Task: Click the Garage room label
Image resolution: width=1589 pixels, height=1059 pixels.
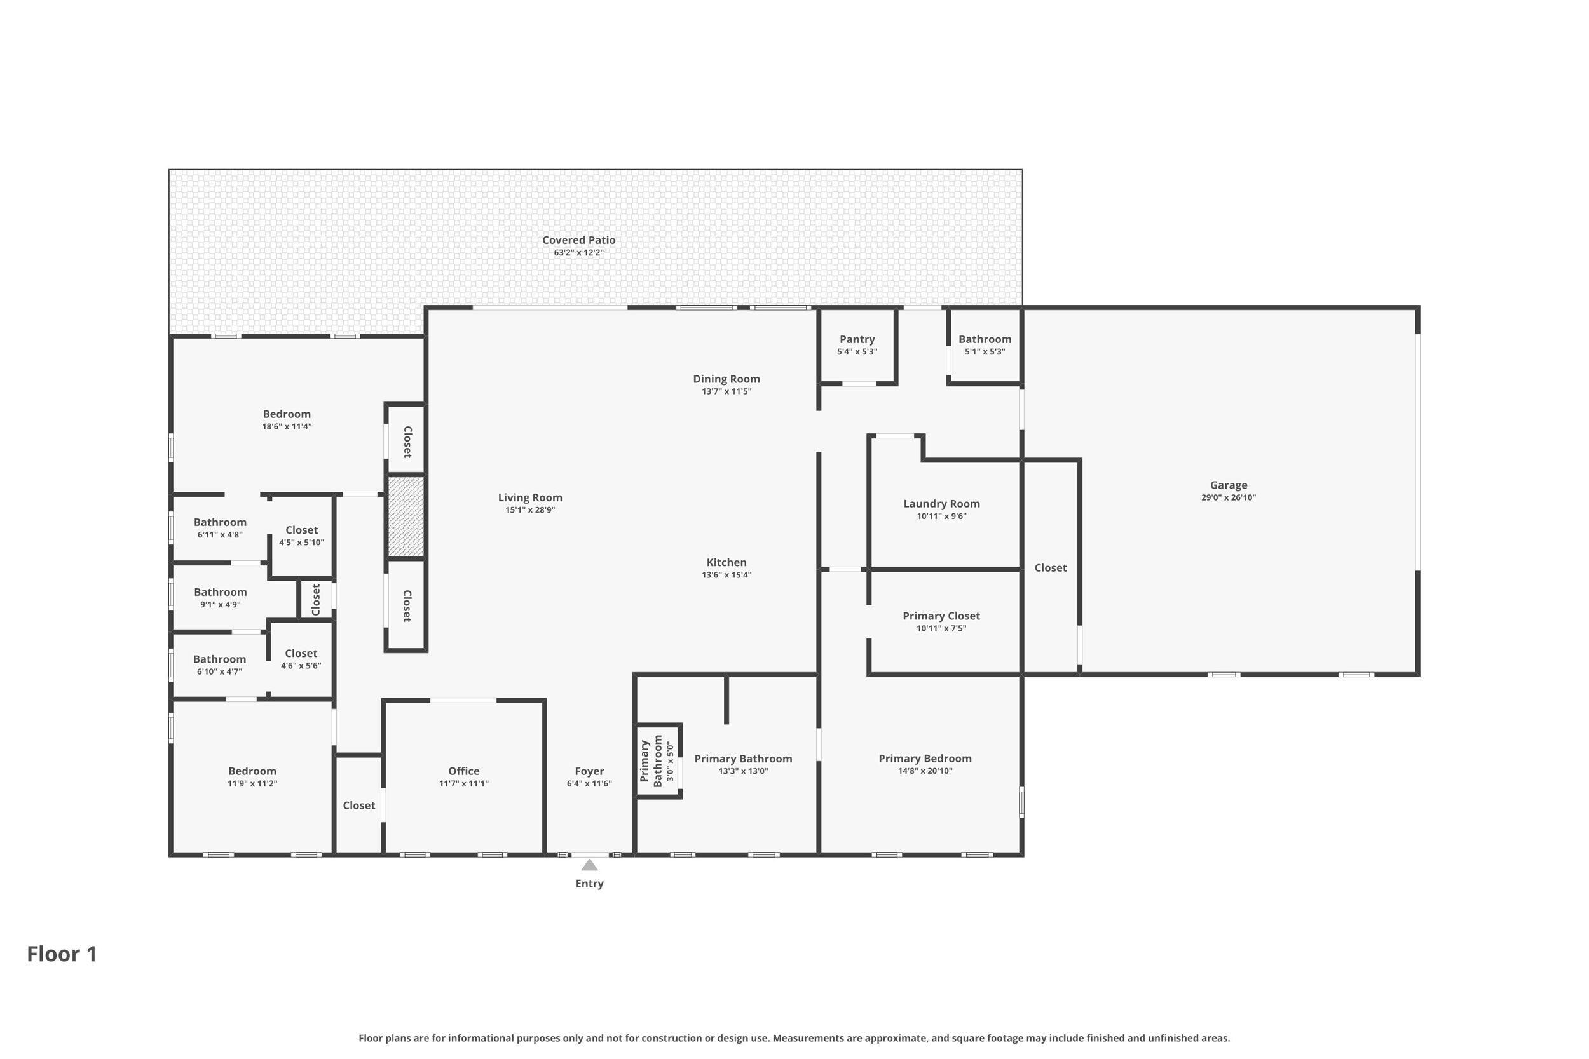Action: point(1228,485)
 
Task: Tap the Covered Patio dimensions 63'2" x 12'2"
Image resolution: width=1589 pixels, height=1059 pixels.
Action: point(578,253)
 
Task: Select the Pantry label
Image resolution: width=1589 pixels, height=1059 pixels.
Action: point(857,339)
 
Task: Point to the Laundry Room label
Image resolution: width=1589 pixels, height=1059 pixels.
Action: point(941,503)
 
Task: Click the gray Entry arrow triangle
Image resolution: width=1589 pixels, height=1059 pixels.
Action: point(590,865)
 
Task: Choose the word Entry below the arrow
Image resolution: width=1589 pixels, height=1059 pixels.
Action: point(589,884)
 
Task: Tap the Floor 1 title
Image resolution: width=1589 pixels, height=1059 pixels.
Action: point(62,954)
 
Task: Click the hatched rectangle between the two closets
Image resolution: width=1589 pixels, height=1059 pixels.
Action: point(406,516)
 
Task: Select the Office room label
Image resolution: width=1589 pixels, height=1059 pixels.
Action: point(463,771)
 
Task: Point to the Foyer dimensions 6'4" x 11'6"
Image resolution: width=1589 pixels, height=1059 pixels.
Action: point(589,783)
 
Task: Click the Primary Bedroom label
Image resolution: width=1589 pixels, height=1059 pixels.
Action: point(925,759)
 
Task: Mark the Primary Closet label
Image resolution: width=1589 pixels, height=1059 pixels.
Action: point(941,616)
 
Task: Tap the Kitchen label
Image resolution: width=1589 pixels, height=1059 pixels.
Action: point(726,562)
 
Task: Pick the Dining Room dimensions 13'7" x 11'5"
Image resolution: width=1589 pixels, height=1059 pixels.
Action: point(726,391)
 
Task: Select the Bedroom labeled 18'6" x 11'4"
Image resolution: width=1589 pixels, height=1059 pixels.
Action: point(287,414)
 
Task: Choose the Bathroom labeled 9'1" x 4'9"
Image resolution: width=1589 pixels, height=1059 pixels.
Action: point(221,591)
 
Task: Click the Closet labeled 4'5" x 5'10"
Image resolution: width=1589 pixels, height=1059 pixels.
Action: point(301,530)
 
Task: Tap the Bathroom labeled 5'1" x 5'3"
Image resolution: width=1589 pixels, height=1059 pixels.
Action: point(985,339)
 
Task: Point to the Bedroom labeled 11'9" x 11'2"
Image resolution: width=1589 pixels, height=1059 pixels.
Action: point(252,771)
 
